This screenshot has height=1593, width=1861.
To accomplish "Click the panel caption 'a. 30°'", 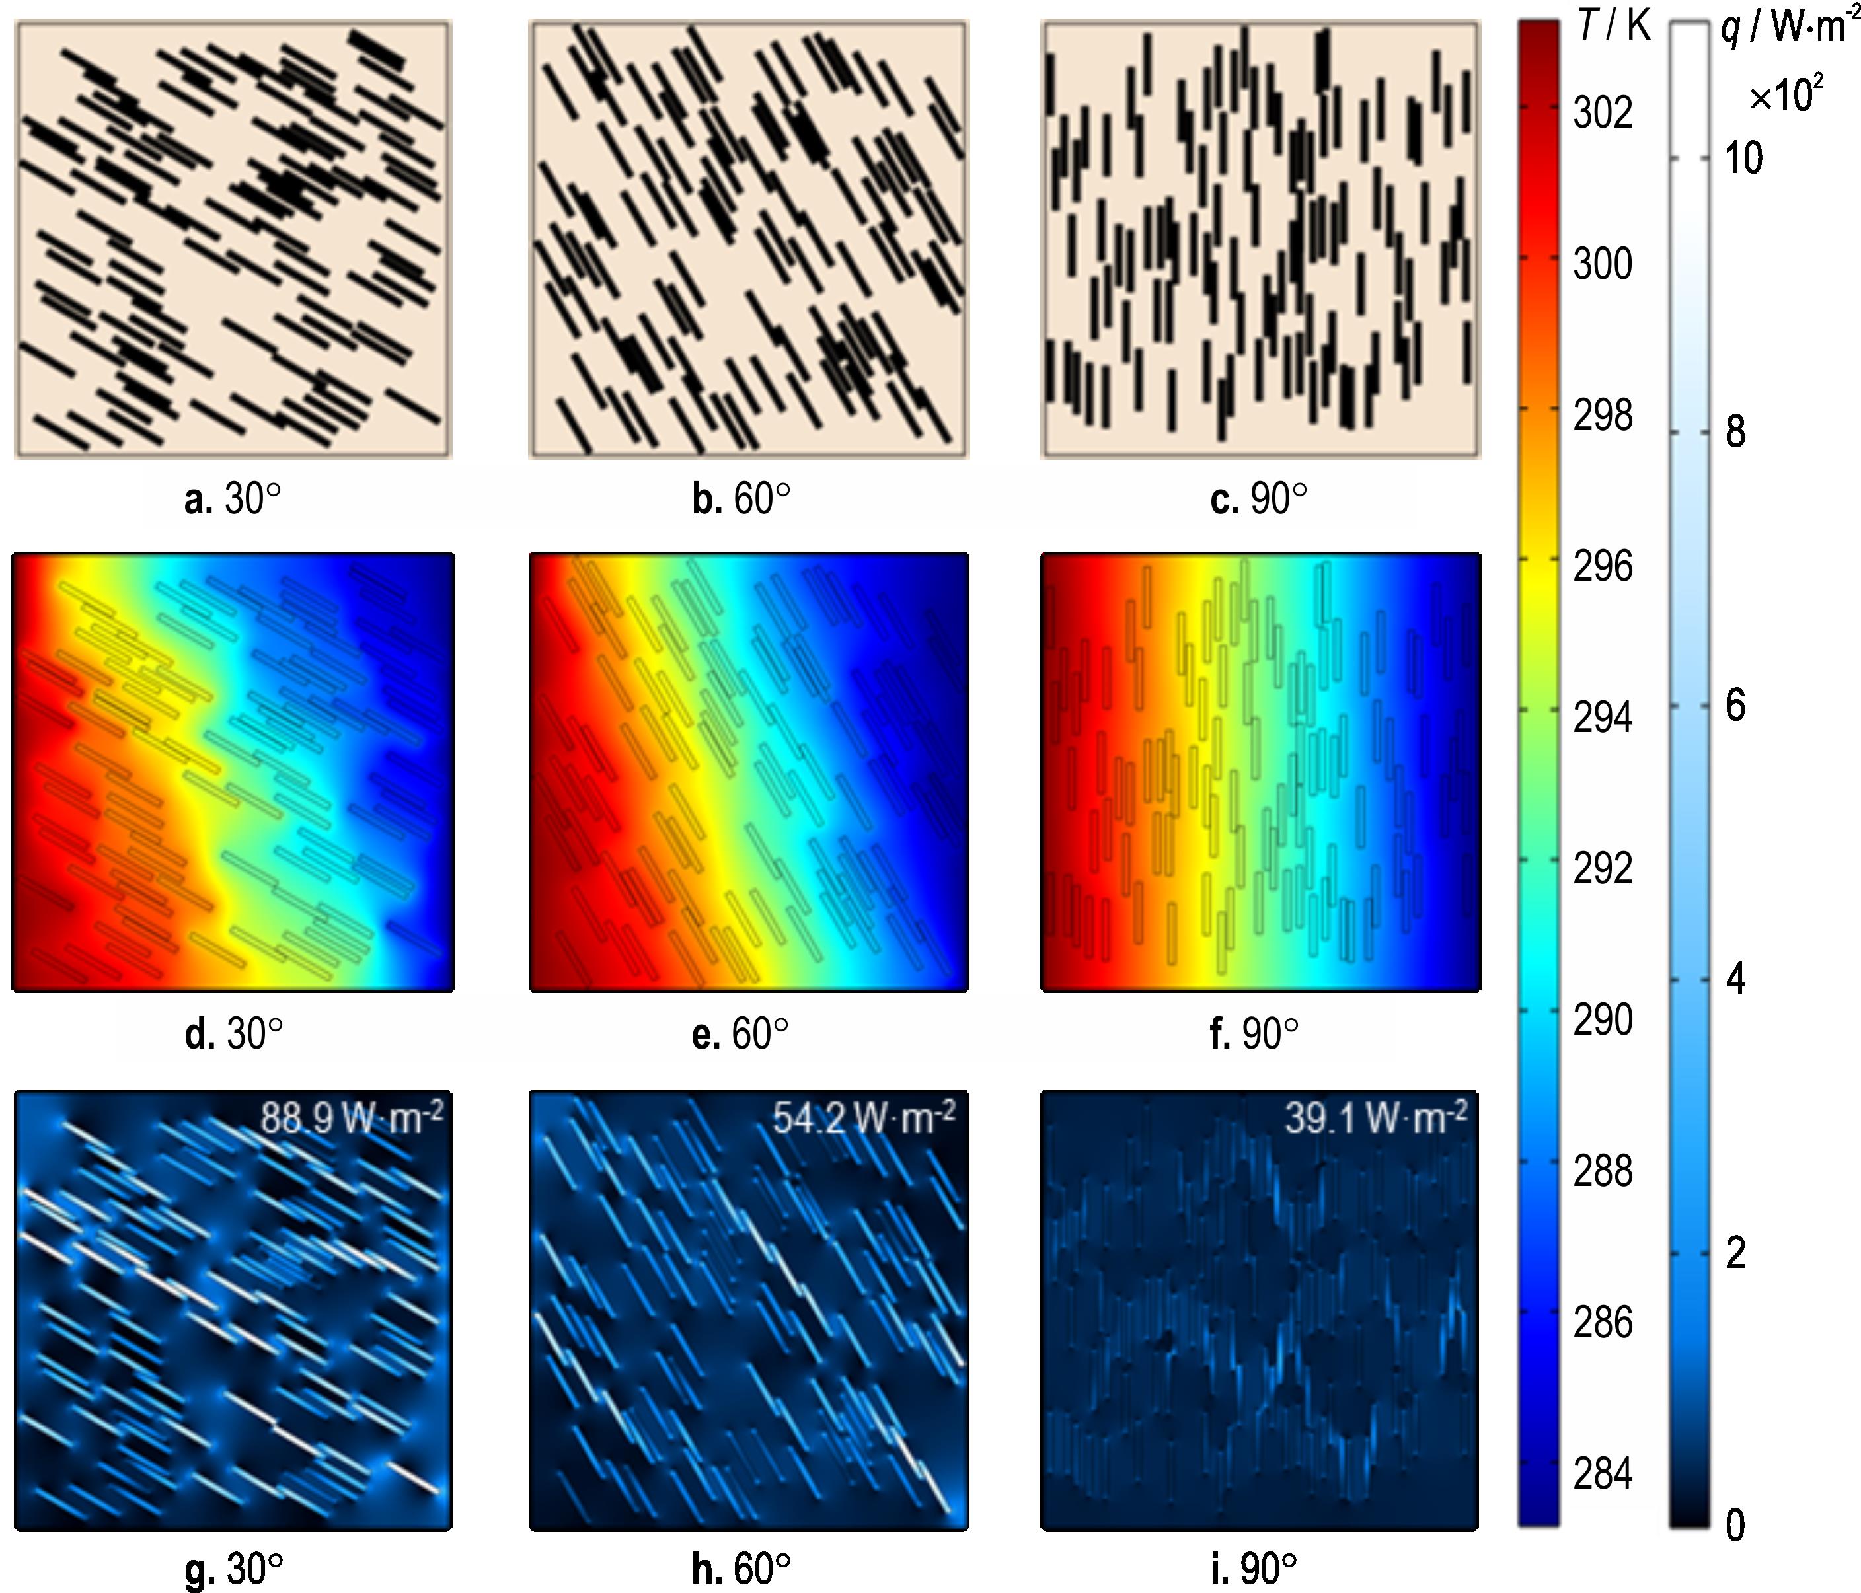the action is coord(233,500).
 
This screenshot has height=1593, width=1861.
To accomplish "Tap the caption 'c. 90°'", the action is coord(1259,500).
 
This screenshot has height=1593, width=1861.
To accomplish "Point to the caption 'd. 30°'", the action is coord(233,1035).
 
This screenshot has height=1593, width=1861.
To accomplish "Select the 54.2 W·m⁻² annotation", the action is coord(864,1118).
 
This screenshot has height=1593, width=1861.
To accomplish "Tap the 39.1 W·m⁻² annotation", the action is coord(1376,1118).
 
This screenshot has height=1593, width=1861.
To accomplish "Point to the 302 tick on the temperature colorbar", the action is coord(1603,113).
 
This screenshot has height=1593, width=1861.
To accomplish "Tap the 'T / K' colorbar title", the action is coord(1614,27).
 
